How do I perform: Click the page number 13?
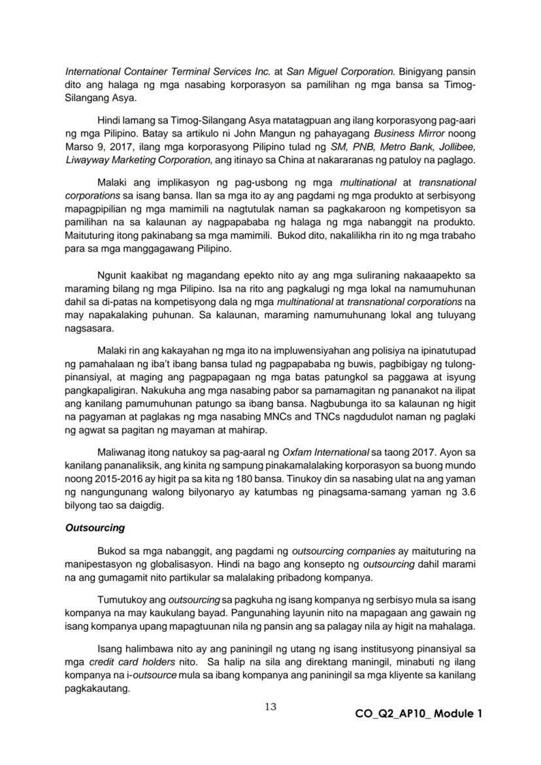click(x=270, y=706)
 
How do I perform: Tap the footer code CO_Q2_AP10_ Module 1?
click(x=419, y=713)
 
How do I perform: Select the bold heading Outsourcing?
click(x=95, y=527)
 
